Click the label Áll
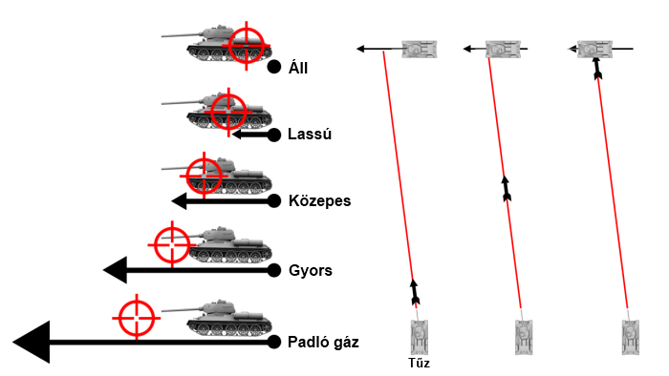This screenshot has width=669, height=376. tap(298, 68)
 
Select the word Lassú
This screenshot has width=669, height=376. tap(310, 134)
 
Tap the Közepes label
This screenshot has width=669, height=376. tap(319, 200)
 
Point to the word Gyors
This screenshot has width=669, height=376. tap(311, 270)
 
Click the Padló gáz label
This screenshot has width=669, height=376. tap(323, 342)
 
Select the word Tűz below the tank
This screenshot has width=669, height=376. tap(419, 363)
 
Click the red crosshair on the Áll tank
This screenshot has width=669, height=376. tap(247, 45)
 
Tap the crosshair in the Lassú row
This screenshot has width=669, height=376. tap(228, 112)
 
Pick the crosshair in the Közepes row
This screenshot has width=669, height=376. tap(204, 176)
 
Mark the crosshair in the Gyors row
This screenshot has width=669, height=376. tap(172, 245)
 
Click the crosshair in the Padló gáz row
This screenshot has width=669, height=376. tap(137, 318)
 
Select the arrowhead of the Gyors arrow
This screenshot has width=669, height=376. tap(116, 270)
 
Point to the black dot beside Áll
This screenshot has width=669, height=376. tap(274, 67)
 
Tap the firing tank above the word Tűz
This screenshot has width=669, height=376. tap(419, 337)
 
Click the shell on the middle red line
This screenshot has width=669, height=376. tap(506, 189)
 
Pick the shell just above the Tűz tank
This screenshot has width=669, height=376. tap(414, 293)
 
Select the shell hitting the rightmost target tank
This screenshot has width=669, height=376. tap(597, 68)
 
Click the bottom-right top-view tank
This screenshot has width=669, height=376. tap(630, 337)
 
